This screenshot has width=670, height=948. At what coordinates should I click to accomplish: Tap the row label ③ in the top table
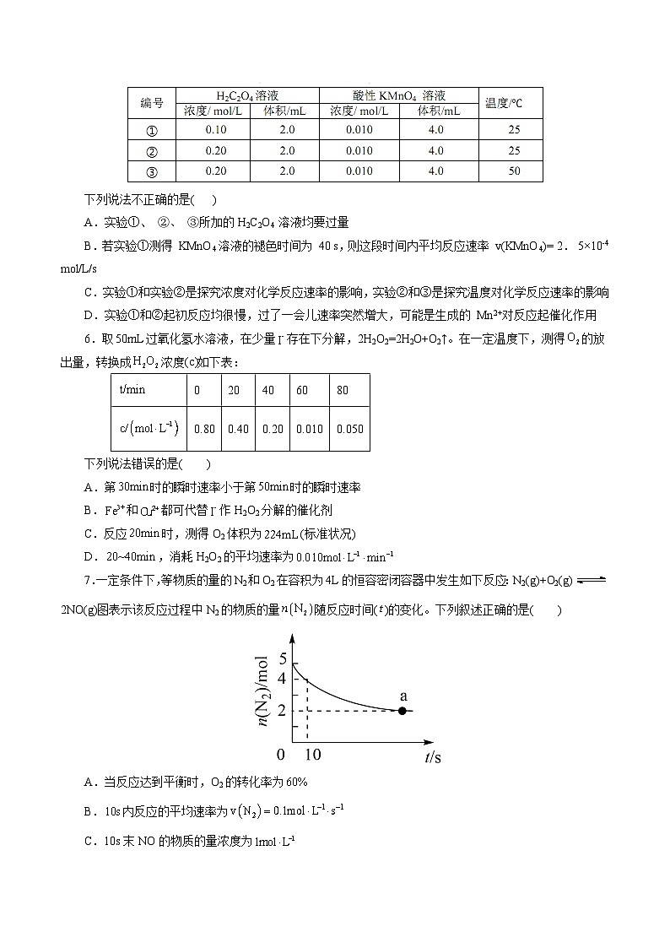pos(152,171)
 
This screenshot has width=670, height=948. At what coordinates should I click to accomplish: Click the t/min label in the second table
pos(133,390)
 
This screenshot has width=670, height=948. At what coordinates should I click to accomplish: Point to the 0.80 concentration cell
pos(204,429)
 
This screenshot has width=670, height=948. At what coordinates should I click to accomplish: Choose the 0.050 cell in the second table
pos(349,429)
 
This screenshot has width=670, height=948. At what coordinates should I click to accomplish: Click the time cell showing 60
pos(302,390)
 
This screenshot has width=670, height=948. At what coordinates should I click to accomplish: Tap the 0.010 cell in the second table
pos(309,429)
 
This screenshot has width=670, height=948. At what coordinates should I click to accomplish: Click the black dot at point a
pos(403,711)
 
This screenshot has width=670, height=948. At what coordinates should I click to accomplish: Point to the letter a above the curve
pos(403,696)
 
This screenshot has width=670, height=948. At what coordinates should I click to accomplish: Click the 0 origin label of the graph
pos(281,754)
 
